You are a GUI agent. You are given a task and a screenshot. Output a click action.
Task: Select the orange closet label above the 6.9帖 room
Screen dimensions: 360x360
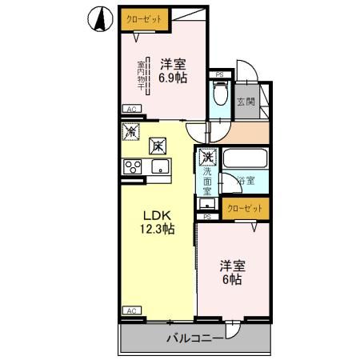pyautogui.click(x=139, y=17)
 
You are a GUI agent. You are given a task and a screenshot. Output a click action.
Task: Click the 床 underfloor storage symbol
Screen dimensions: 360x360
pyautogui.click(x=158, y=146)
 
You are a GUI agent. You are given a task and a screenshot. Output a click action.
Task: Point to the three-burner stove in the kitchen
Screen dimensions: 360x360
pyautogui.click(x=131, y=166)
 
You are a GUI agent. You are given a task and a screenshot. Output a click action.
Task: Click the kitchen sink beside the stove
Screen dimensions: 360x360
pyautogui.click(x=160, y=166)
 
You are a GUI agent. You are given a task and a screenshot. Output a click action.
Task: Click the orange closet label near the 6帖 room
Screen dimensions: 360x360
pyautogui.click(x=245, y=210)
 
